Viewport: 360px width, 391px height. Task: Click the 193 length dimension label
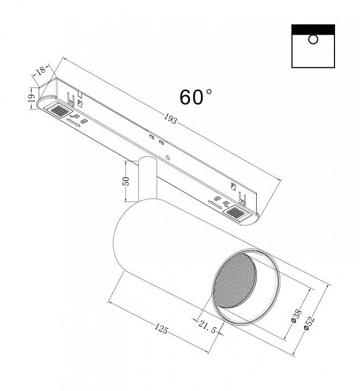[x=171, y=119]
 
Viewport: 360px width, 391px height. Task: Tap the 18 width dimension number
[x=41, y=70]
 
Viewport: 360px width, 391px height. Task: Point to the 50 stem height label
[x=127, y=181]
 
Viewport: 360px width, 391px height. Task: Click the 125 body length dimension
[x=161, y=329]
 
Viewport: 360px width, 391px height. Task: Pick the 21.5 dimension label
[x=207, y=326]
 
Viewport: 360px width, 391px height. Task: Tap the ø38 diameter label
[x=297, y=316]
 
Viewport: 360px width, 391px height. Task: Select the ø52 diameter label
[x=310, y=324]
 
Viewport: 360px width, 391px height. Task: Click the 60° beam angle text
[x=195, y=97]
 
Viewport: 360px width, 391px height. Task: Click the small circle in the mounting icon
[x=313, y=40]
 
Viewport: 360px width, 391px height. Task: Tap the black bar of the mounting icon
[x=313, y=29]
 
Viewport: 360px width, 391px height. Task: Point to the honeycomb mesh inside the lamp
[x=235, y=281]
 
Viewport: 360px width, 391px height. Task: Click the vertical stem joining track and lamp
[x=148, y=178]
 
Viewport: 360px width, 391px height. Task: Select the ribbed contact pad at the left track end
[x=59, y=110]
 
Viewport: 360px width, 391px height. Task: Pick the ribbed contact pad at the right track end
[x=236, y=212]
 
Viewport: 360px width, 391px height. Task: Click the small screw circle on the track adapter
[x=168, y=157]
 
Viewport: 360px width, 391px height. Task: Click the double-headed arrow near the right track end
[x=215, y=205]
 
